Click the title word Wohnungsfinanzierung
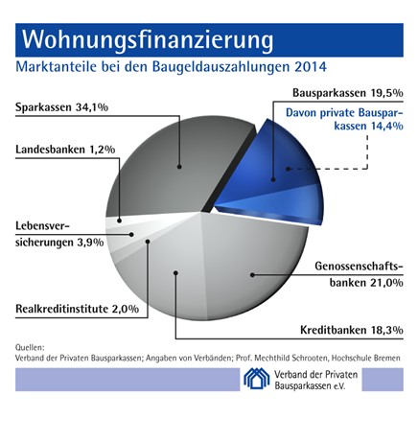[148, 40]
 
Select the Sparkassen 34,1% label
[62, 107]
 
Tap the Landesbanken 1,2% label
[65, 150]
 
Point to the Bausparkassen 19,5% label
[348, 93]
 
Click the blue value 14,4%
[387, 126]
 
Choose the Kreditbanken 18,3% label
[352, 330]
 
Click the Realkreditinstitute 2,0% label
[78, 309]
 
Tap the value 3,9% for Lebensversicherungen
[90, 242]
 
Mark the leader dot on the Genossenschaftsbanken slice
[252, 274]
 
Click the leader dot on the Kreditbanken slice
[175, 272]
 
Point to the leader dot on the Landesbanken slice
[119, 221]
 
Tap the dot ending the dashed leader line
[288, 169]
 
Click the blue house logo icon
[257, 379]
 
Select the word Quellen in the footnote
[30, 347]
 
